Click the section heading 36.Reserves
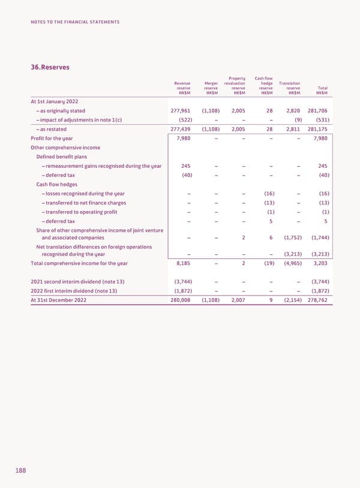50,67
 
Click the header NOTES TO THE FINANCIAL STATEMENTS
75,22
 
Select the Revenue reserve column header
182,88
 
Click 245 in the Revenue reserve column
185,166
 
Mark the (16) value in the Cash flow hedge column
269,194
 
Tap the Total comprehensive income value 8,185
182,263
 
